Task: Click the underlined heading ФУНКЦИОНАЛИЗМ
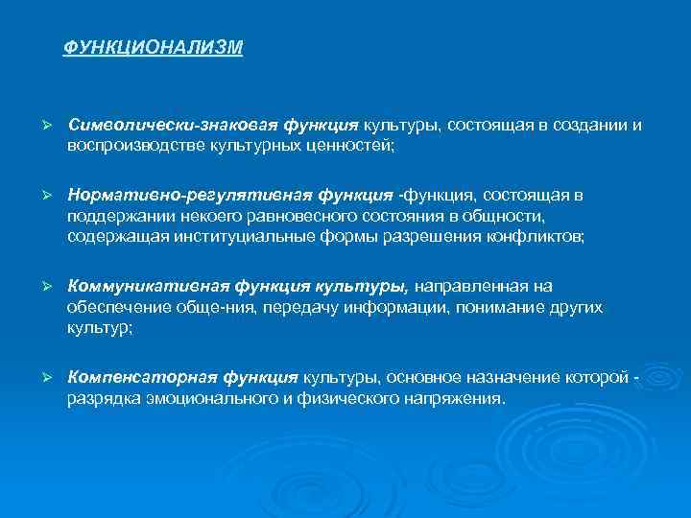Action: [x=154, y=47]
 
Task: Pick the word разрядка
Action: [x=100, y=399]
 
